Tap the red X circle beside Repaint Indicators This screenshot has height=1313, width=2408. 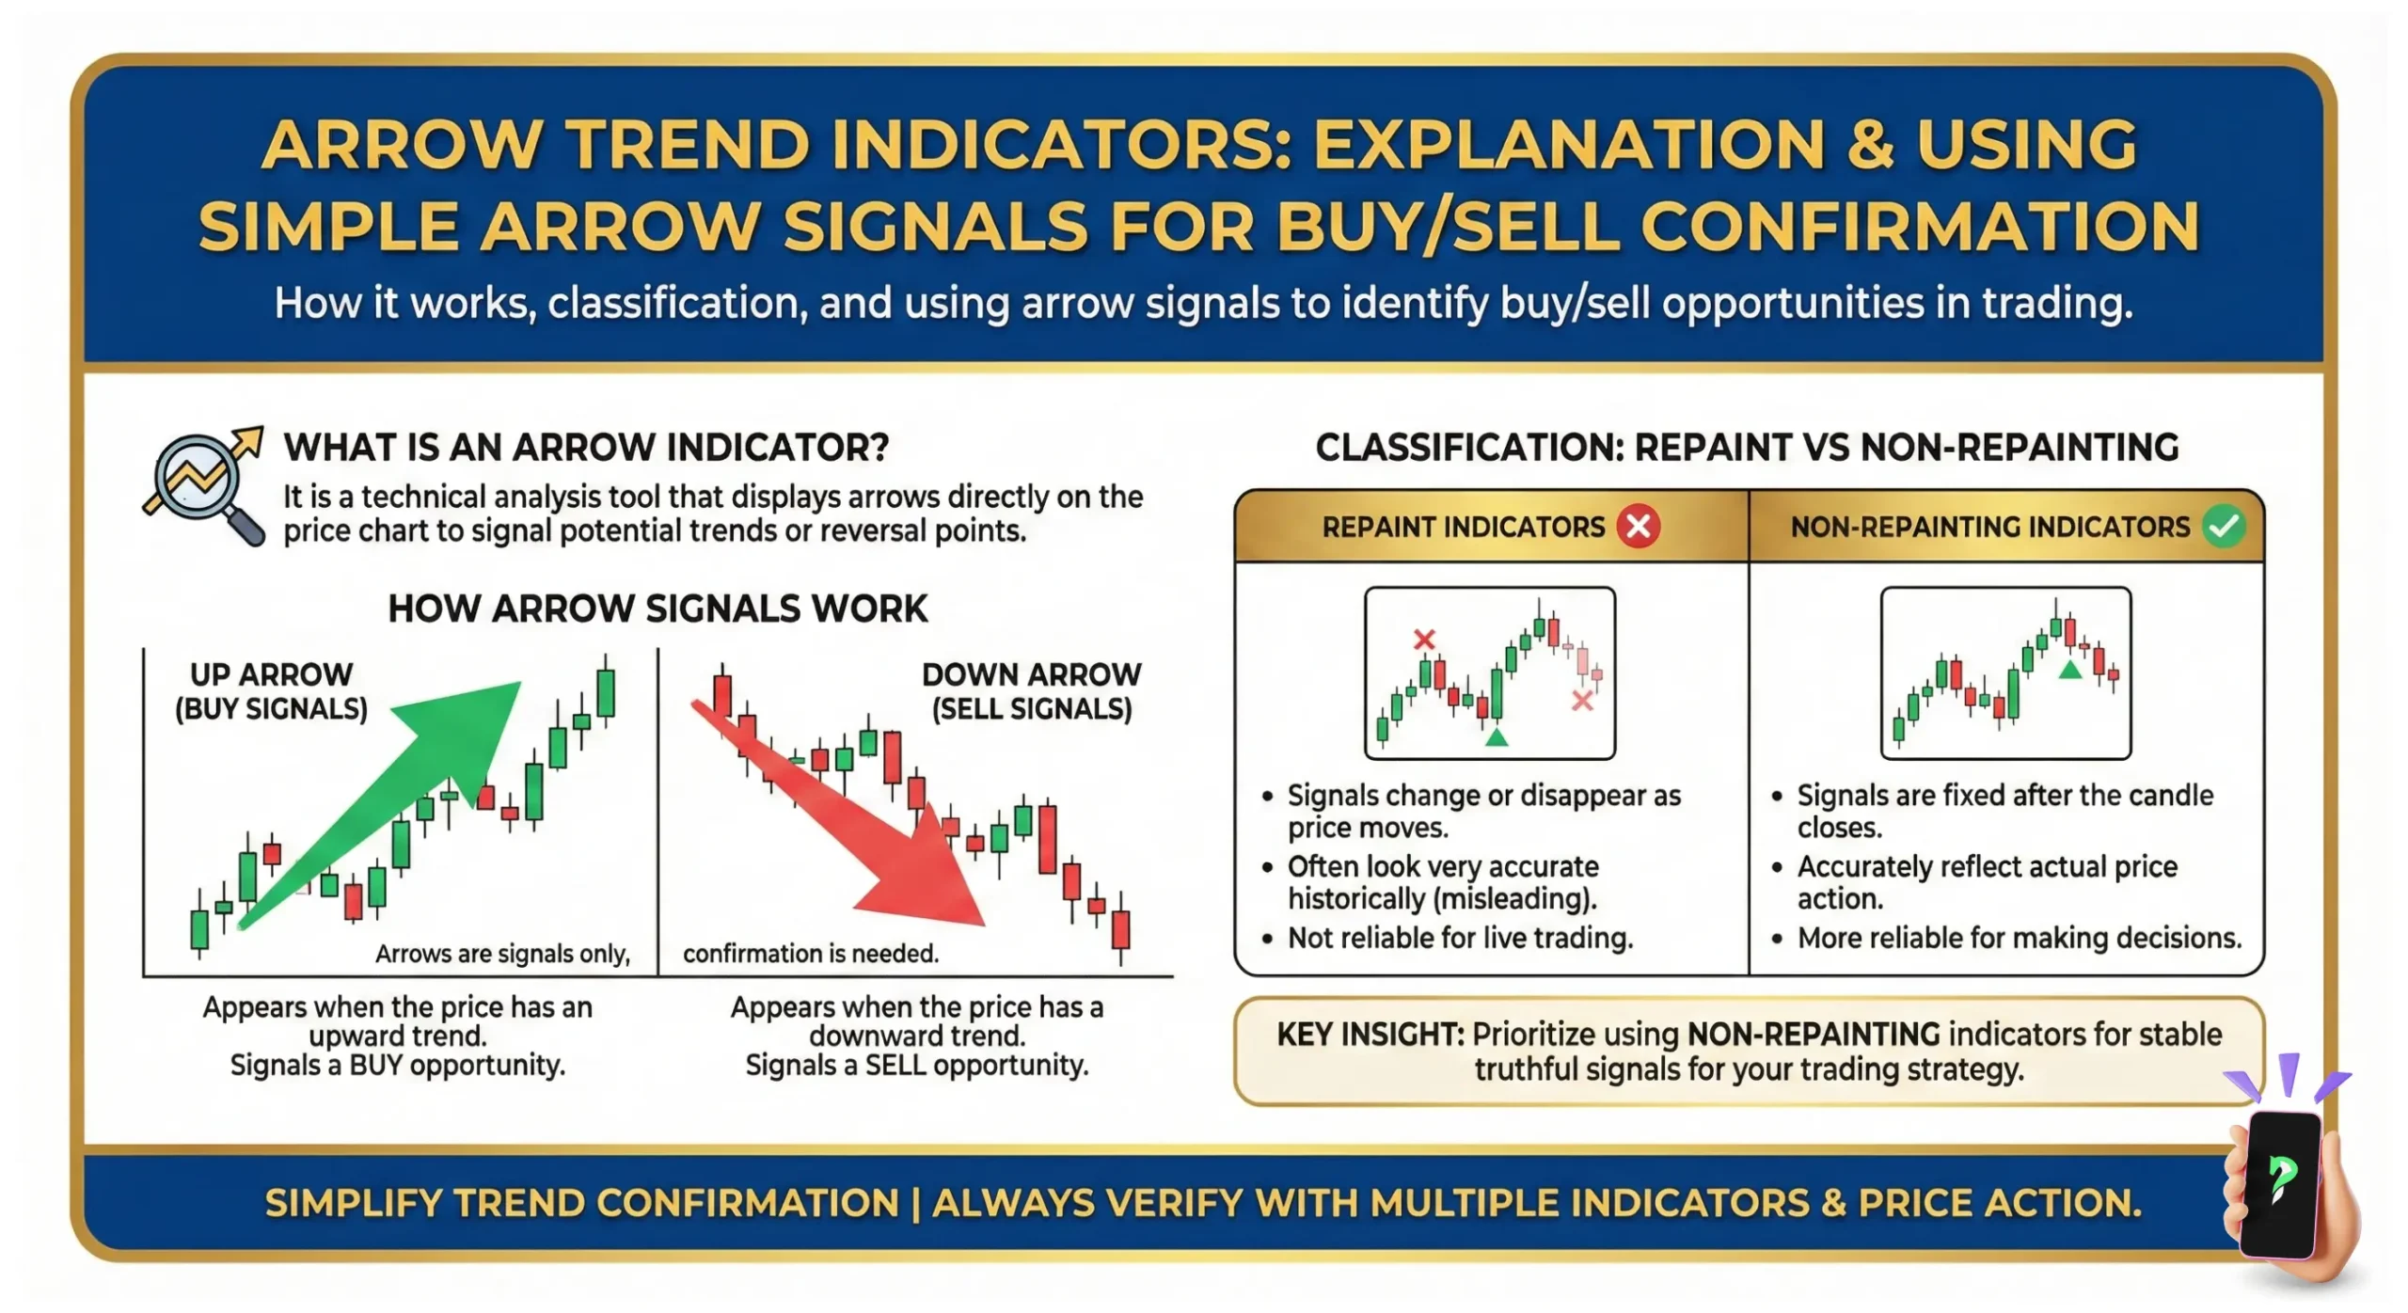[1638, 526]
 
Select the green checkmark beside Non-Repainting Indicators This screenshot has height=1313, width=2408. [2224, 526]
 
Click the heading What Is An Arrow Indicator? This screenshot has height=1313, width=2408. [586, 447]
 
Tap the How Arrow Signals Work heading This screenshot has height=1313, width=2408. [657, 609]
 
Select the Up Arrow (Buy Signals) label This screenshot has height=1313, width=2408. [271, 691]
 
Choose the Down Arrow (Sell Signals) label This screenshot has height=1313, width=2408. [1032, 691]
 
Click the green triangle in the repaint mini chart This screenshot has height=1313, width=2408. [1497, 736]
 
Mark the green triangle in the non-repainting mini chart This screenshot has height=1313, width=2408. [2069, 670]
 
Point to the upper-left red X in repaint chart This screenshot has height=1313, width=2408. [1424, 640]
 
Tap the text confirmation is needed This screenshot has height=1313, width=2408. [811, 954]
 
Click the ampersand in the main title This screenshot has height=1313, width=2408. [1870, 145]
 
